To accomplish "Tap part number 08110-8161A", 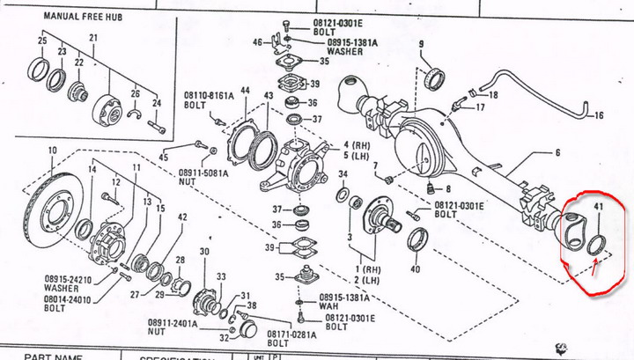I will tap(207, 95).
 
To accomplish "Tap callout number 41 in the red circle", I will tap(599, 208).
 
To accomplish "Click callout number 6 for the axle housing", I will tap(557, 152).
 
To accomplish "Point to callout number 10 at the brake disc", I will tap(53, 149).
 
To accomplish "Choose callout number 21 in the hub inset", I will tap(92, 38).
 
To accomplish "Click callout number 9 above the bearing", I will tap(421, 44).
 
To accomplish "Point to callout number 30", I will tap(204, 252).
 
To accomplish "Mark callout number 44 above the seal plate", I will tap(244, 92).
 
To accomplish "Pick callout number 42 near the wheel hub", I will tap(182, 217).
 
